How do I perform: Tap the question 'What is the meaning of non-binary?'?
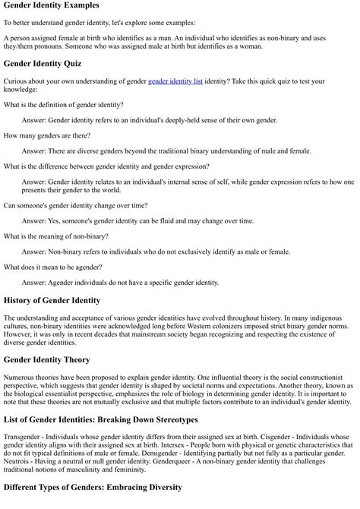pyautogui.click(x=56, y=236)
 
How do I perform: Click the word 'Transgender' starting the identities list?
pyautogui.click(x=24, y=437)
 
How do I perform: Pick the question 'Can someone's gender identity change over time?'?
pyautogui.click(x=76, y=205)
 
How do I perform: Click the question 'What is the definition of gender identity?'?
pyautogui.click(x=64, y=103)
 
